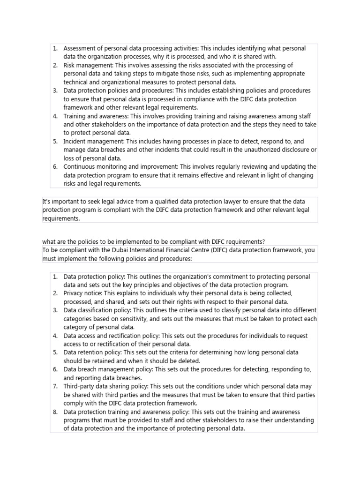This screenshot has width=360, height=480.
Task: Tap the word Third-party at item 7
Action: (79, 386)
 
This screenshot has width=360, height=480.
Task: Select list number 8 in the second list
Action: (55, 412)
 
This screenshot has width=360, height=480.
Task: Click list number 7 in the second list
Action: (55, 386)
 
